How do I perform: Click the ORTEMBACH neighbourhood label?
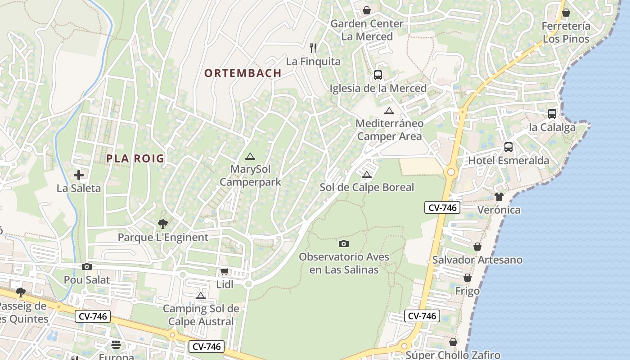pyautogui.click(x=243, y=73)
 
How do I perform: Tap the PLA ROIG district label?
pyautogui.click(x=135, y=158)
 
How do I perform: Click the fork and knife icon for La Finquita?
pyautogui.click(x=313, y=48)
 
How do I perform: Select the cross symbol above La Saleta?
pyautogui.click(x=79, y=175)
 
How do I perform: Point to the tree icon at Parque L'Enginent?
pyautogui.click(x=163, y=224)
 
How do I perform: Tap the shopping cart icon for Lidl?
pyautogui.click(x=224, y=271)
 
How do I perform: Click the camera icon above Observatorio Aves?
pyautogui.click(x=344, y=243)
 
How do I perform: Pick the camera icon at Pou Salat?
pyautogui.click(x=87, y=266)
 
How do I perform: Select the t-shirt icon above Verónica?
pyautogui.click(x=499, y=196)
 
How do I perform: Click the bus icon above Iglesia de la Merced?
pyautogui.click(x=378, y=75)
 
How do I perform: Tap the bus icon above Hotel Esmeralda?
pyautogui.click(x=508, y=147)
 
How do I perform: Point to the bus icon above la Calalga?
pyautogui.click(x=552, y=114)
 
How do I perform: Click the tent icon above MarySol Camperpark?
pyautogui.click(x=250, y=156)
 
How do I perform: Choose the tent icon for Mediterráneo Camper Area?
pyautogui.click(x=389, y=111)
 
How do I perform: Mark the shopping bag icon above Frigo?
pyautogui.click(x=468, y=278)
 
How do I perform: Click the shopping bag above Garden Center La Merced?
pyautogui.click(x=367, y=10)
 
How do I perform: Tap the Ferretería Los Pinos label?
pyautogui.click(x=566, y=32)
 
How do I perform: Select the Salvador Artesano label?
pyautogui.click(x=477, y=260)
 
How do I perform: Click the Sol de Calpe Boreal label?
pyautogui.click(x=366, y=187)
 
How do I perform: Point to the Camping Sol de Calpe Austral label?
pyautogui.click(x=201, y=315)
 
